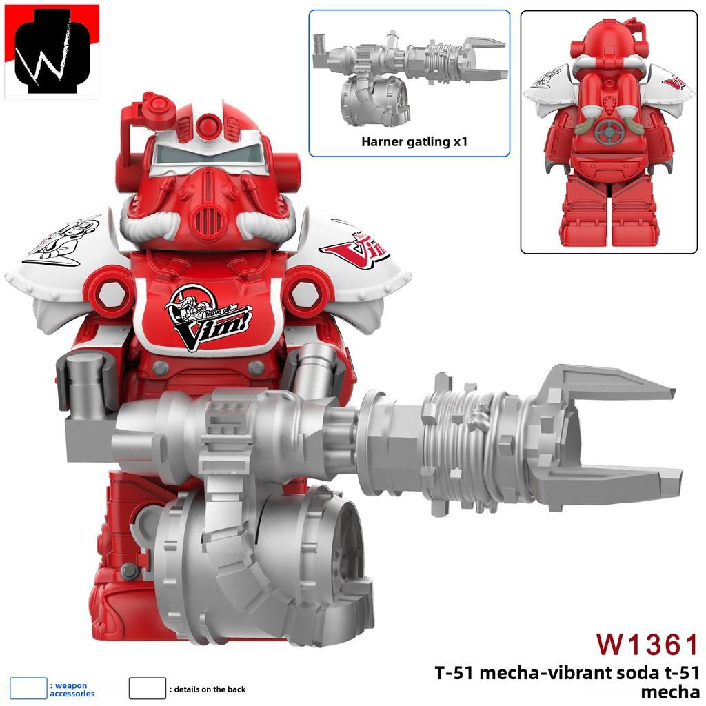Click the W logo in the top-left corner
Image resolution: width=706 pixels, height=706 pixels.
click(x=52, y=52)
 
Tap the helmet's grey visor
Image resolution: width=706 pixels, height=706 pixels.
click(x=207, y=156)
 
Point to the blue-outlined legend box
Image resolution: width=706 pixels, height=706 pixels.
click(x=28, y=688)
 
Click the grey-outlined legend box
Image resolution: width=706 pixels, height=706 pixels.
click(x=148, y=688)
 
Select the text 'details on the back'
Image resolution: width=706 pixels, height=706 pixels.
click(x=210, y=689)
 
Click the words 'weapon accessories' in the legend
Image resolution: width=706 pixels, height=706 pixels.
click(x=71, y=689)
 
